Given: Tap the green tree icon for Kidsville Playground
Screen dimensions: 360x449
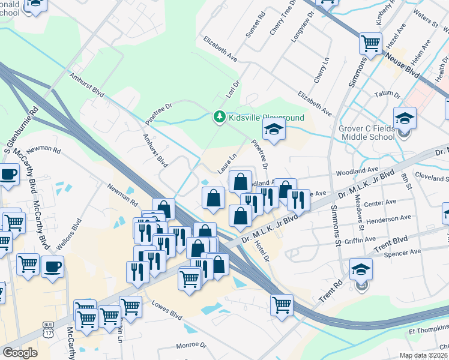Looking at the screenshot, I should coord(220,117).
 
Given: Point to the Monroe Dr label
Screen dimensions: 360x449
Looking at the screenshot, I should coord(191,346).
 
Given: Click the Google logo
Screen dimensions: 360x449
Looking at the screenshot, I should coord(20,353).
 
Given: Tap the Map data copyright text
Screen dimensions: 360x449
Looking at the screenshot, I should coord(423,355).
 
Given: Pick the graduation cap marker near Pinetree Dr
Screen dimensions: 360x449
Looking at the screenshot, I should coord(273,129).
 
